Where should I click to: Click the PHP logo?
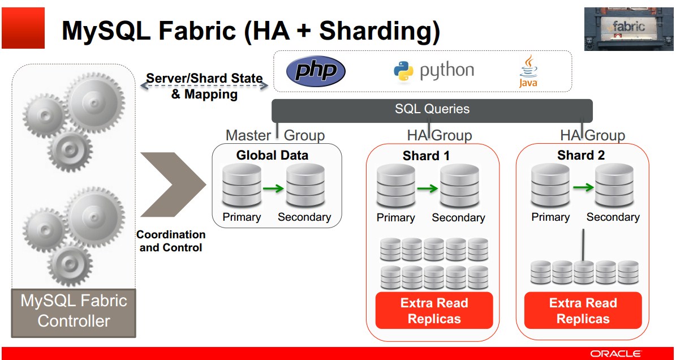pyautogui.click(x=315, y=71)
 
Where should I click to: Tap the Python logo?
pyautogui.click(x=433, y=71)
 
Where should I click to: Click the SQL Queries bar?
pyautogui.click(x=432, y=109)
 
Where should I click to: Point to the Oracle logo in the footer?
pyautogui.click(x=615, y=354)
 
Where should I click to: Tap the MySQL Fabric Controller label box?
pyautogui.click(x=74, y=310)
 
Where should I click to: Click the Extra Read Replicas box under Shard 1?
pyautogui.click(x=434, y=310)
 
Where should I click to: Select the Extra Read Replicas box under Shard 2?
pyautogui.click(x=583, y=310)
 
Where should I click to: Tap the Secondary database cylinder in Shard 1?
pyautogui.click(x=459, y=186)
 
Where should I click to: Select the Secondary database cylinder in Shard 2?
pyautogui.click(x=614, y=185)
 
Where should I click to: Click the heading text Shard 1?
pyautogui.click(x=426, y=156)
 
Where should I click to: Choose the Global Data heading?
pyautogui.click(x=272, y=155)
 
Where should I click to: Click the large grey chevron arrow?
pyautogui.click(x=173, y=184)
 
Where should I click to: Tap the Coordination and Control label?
pyautogui.click(x=171, y=241)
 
